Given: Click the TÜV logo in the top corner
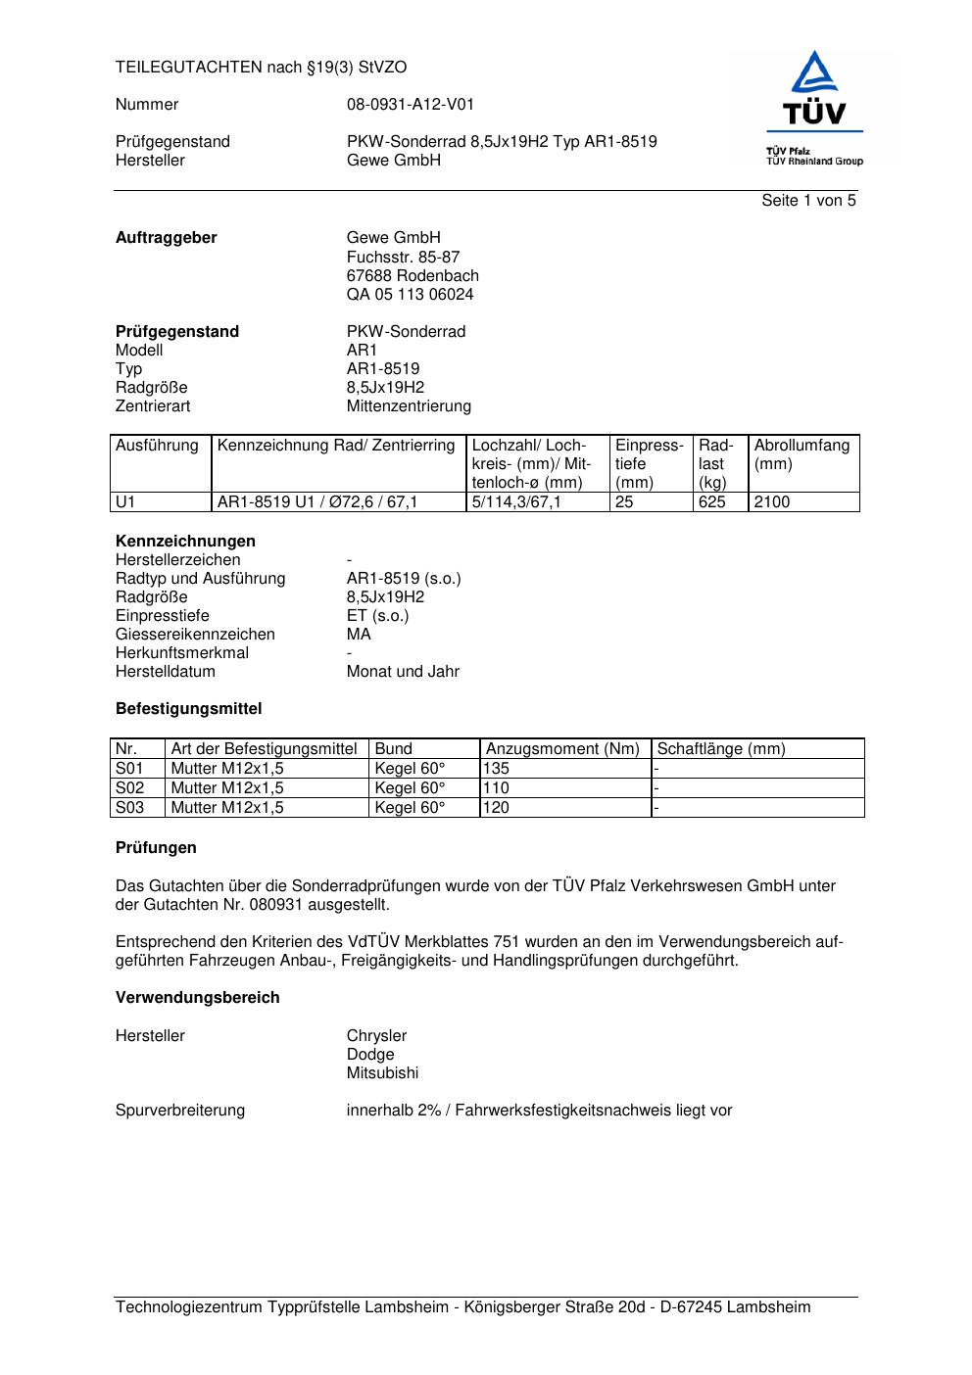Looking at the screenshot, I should click(813, 108).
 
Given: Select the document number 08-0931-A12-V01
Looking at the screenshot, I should click(410, 105).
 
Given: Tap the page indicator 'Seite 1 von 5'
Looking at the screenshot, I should click(808, 201).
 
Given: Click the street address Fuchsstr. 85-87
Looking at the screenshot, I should click(403, 257).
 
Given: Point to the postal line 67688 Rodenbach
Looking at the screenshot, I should click(413, 276).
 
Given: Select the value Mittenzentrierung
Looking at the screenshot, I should click(409, 406).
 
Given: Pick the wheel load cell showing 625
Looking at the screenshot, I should click(712, 502).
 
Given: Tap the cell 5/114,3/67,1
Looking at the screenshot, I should click(516, 502).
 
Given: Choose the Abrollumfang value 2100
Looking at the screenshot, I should click(771, 502).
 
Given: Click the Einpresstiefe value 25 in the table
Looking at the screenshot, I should click(624, 502).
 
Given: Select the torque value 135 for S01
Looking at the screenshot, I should click(497, 769).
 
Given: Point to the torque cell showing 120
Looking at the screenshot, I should click(497, 808).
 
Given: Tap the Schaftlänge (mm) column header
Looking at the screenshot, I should click(721, 749).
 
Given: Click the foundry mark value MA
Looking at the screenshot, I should click(359, 635).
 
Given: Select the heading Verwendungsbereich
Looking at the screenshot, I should click(197, 998).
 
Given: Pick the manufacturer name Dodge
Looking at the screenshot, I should click(370, 1055).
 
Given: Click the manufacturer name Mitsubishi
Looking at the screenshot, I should click(382, 1073).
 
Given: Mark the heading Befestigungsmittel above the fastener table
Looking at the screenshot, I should click(188, 709).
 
